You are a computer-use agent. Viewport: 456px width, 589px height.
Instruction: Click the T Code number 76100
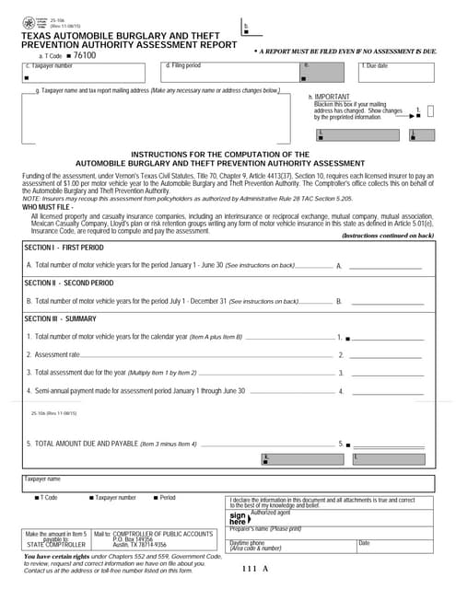[84, 55]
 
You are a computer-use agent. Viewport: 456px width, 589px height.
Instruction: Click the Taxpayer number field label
[50, 66]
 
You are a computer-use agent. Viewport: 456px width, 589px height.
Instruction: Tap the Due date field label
[375, 66]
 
